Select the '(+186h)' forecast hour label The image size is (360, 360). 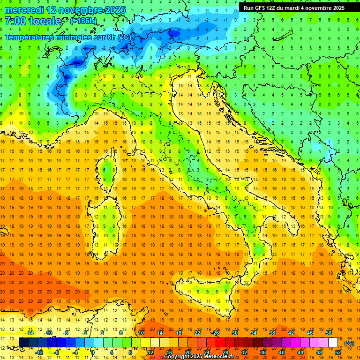(x=83, y=21)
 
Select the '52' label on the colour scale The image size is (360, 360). (x=338, y=352)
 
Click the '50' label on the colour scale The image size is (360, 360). (x=329, y=333)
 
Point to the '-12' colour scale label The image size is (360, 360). (x=39, y=352)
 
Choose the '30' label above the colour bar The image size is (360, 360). (x=234, y=333)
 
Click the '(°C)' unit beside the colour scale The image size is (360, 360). (x=349, y=343)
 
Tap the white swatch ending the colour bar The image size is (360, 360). (x=333, y=343)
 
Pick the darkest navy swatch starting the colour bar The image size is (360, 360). (x=23, y=343)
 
